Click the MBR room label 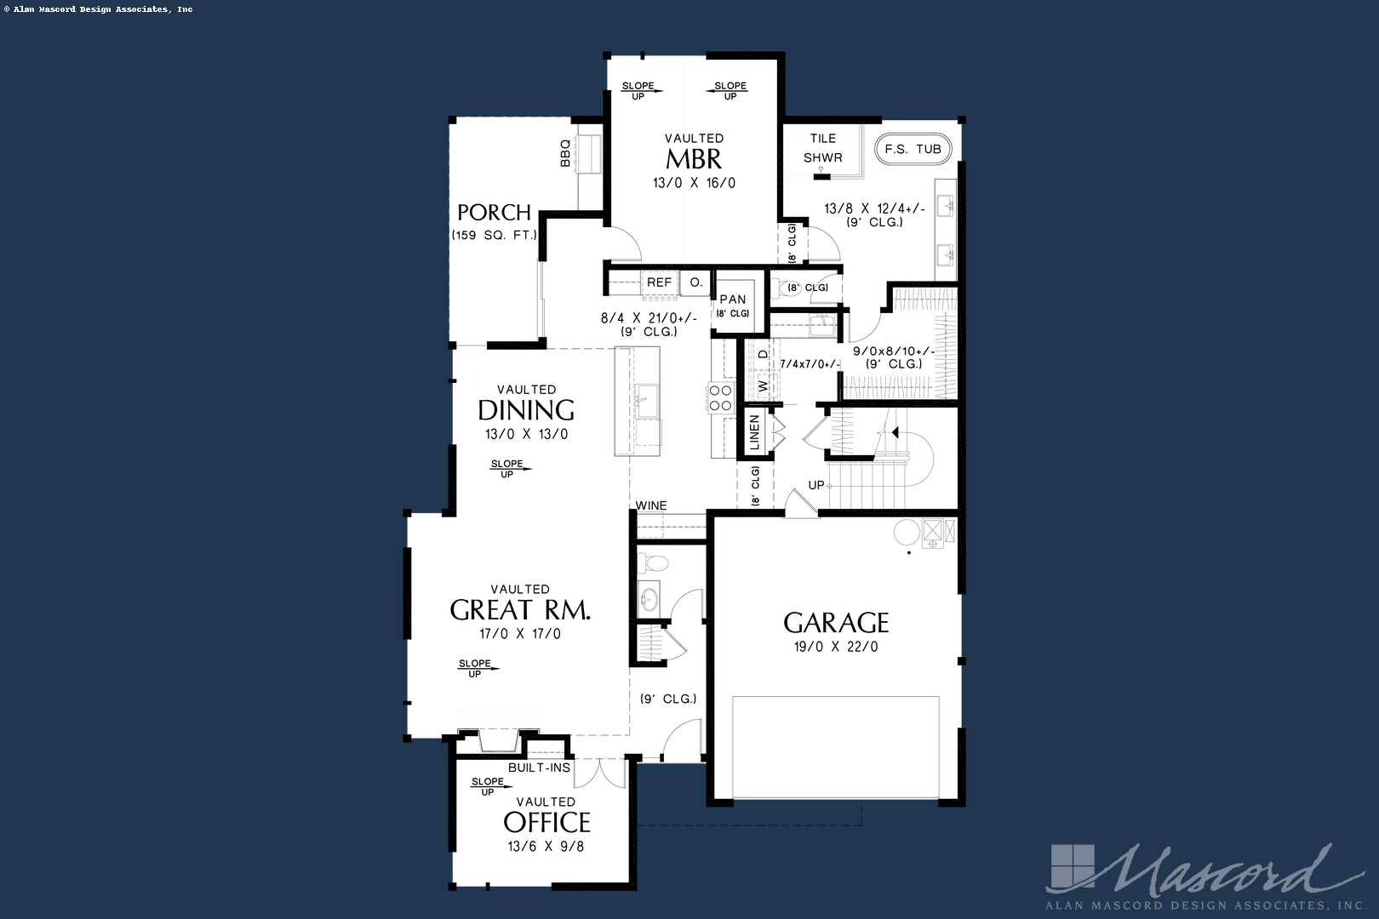(694, 159)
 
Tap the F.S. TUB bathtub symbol (913, 149)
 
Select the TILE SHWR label (822, 147)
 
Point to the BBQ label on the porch (565, 153)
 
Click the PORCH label (494, 212)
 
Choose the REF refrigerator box (659, 283)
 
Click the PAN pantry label (733, 300)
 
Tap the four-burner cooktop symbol (720, 398)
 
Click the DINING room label (526, 410)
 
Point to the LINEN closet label (754, 432)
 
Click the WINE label (651, 505)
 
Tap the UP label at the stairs (815, 485)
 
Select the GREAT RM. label (520, 610)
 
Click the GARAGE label (836, 623)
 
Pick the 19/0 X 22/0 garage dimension (836, 647)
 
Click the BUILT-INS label (539, 768)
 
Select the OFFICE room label (546, 823)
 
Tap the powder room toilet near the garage (655, 562)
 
